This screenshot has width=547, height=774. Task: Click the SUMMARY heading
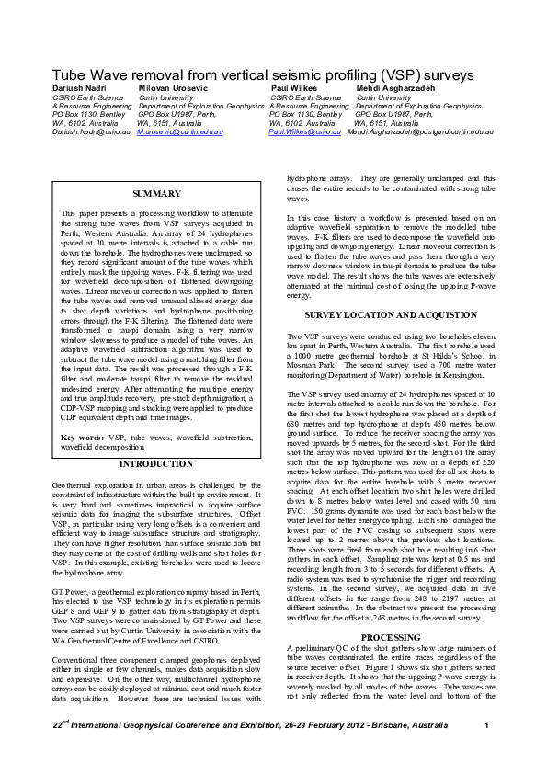point(156,194)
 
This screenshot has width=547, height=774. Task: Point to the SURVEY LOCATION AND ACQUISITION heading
point(391,314)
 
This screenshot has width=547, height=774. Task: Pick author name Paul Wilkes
point(293,86)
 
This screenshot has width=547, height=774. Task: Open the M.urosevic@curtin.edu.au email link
point(180,132)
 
